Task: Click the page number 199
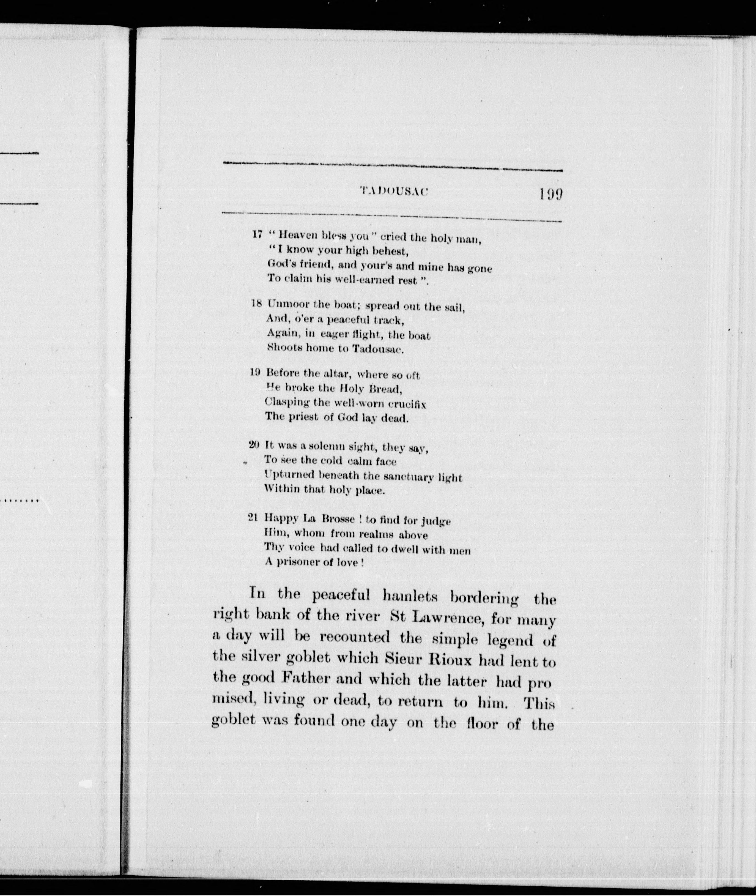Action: coord(551,195)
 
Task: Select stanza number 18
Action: coord(256,304)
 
